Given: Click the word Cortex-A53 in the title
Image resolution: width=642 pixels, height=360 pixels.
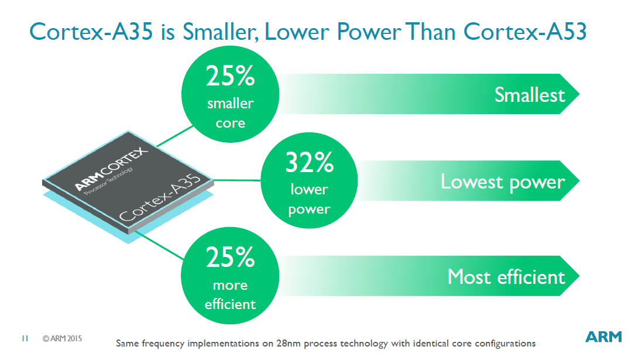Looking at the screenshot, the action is coord(525,32).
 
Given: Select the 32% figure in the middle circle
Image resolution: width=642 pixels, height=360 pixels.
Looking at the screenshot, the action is coord(309,162).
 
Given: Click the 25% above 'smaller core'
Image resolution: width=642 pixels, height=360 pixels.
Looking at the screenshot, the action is coord(230,76).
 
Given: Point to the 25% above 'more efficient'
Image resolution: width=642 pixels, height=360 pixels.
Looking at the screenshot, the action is coord(230,257).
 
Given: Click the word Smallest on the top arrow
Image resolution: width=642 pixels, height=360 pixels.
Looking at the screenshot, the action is coord(530,95).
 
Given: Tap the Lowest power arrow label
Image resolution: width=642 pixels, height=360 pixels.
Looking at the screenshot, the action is coord(503,182).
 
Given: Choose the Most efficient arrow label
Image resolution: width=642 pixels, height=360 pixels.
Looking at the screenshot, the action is coord(506,276).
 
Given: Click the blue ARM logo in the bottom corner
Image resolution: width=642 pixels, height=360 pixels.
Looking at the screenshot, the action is coord(603,337).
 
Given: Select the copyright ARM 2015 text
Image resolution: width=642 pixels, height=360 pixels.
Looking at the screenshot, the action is coord(62,339).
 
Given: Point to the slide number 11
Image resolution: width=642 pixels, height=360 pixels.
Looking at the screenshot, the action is coord(25,338).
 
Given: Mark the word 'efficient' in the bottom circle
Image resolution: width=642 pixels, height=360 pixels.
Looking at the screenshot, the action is coord(230,304).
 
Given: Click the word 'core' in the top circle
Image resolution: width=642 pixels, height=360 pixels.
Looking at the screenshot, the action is coord(231,124).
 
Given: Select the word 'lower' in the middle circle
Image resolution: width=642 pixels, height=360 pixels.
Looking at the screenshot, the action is coord(309,189).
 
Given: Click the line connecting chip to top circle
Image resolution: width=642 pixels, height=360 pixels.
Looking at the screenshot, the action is coord(175,136).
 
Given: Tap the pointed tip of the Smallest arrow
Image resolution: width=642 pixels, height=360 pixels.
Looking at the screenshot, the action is coord(579,94).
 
